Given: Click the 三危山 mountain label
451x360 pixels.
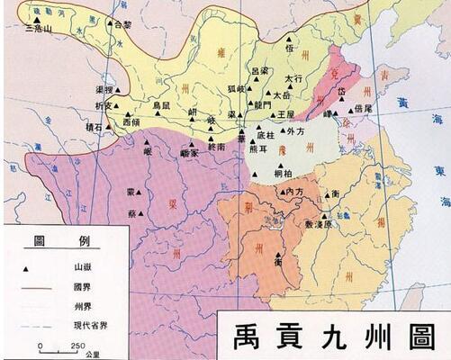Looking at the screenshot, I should [x=39, y=29].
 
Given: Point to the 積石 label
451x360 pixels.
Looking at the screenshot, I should [x=94, y=129].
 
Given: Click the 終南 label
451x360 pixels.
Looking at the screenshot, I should [x=216, y=146].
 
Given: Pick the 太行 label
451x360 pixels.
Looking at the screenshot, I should [x=293, y=79].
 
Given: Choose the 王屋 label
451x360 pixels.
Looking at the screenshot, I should [x=285, y=115].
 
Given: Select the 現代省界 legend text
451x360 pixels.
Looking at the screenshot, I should [x=86, y=321].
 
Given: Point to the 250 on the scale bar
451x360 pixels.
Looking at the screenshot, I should [x=79, y=346].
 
